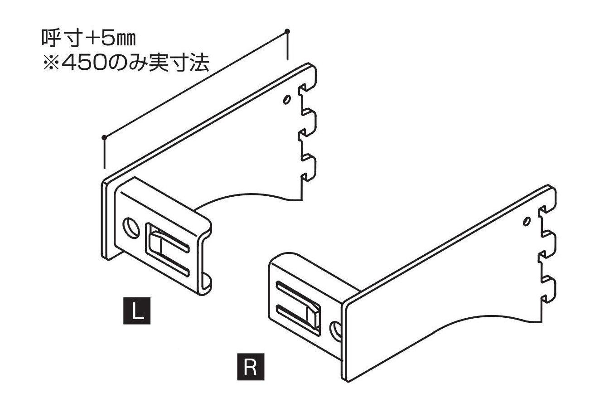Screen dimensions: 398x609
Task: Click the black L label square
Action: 137,310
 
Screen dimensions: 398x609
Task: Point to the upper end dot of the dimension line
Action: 286,31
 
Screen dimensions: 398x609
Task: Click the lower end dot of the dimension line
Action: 104,137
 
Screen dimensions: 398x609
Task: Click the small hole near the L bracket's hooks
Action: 286,99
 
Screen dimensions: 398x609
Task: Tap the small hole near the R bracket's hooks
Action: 526,222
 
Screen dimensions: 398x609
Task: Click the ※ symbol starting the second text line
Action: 49,63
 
